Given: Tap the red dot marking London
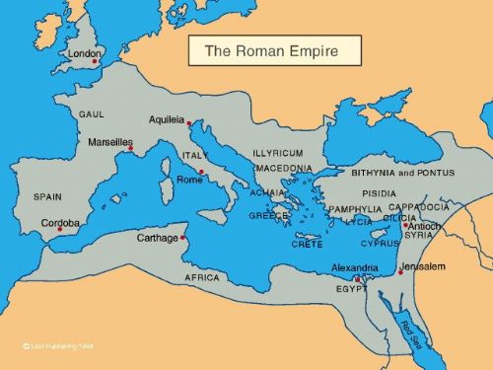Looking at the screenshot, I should tap(96, 62).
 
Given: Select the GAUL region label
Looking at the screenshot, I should tap(92, 114).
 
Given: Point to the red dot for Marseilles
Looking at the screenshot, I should tap(130, 150).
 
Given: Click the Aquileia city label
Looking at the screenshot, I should tap(167, 119).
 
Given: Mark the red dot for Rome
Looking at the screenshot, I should tap(201, 173).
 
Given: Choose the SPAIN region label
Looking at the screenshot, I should tap(47, 196).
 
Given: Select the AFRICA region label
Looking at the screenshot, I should tap(202, 278).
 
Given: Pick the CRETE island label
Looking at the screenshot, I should tap(307, 244).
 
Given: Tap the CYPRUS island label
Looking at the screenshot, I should tap(380, 243).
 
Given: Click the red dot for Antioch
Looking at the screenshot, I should tap(404, 225).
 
